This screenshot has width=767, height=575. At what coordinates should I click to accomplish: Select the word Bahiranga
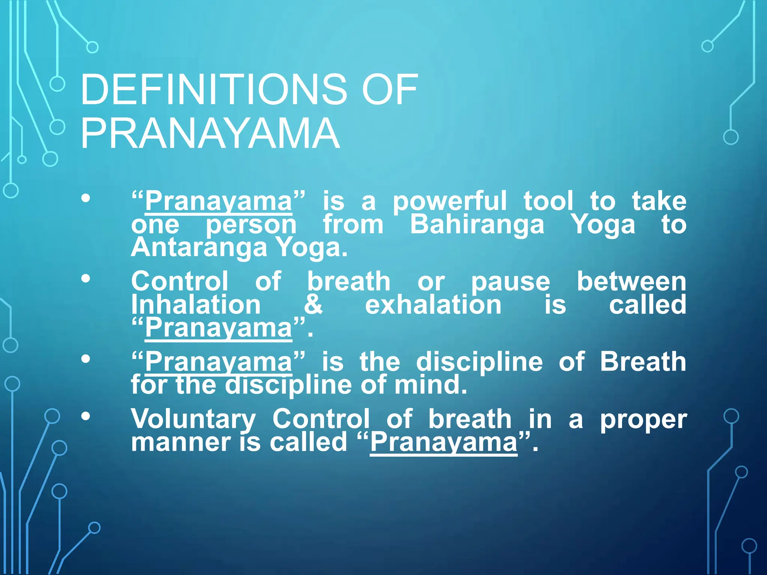click(x=477, y=225)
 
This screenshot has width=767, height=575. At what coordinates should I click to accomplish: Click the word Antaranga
click(x=199, y=247)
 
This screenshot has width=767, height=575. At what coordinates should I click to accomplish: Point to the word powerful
click(x=449, y=201)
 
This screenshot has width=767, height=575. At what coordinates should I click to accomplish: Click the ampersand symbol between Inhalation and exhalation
click(x=313, y=304)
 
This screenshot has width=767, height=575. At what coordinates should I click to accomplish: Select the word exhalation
click(x=433, y=304)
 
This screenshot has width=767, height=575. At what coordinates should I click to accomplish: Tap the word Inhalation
click(x=196, y=304)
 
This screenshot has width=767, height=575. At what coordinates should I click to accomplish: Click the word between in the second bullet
click(x=631, y=282)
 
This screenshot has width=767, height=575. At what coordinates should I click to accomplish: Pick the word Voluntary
click(x=193, y=419)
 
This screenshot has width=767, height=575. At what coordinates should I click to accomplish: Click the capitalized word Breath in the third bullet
click(x=643, y=362)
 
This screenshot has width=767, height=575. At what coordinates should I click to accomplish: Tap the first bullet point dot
click(x=86, y=198)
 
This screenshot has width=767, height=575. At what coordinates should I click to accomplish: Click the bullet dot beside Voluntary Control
click(x=86, y=416)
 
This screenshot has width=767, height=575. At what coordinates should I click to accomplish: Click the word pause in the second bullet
click(x=510, y=282)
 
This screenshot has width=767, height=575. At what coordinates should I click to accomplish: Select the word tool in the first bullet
click(x=548, y=201)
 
